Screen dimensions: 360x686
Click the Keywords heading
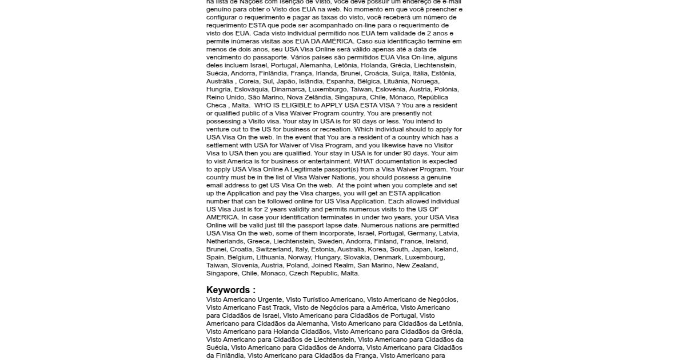[x=230, y=290]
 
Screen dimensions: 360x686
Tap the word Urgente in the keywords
[x=270, y=299]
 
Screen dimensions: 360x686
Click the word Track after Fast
[x=282, y=307]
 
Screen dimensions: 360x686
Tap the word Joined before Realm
[x=322, y=265]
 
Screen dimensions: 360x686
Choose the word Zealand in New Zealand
[x=425, y=265]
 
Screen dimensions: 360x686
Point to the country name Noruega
[x=441, y=81]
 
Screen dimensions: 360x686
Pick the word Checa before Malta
[x=216, y=105]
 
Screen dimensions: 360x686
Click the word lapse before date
[x=309, y=225]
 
